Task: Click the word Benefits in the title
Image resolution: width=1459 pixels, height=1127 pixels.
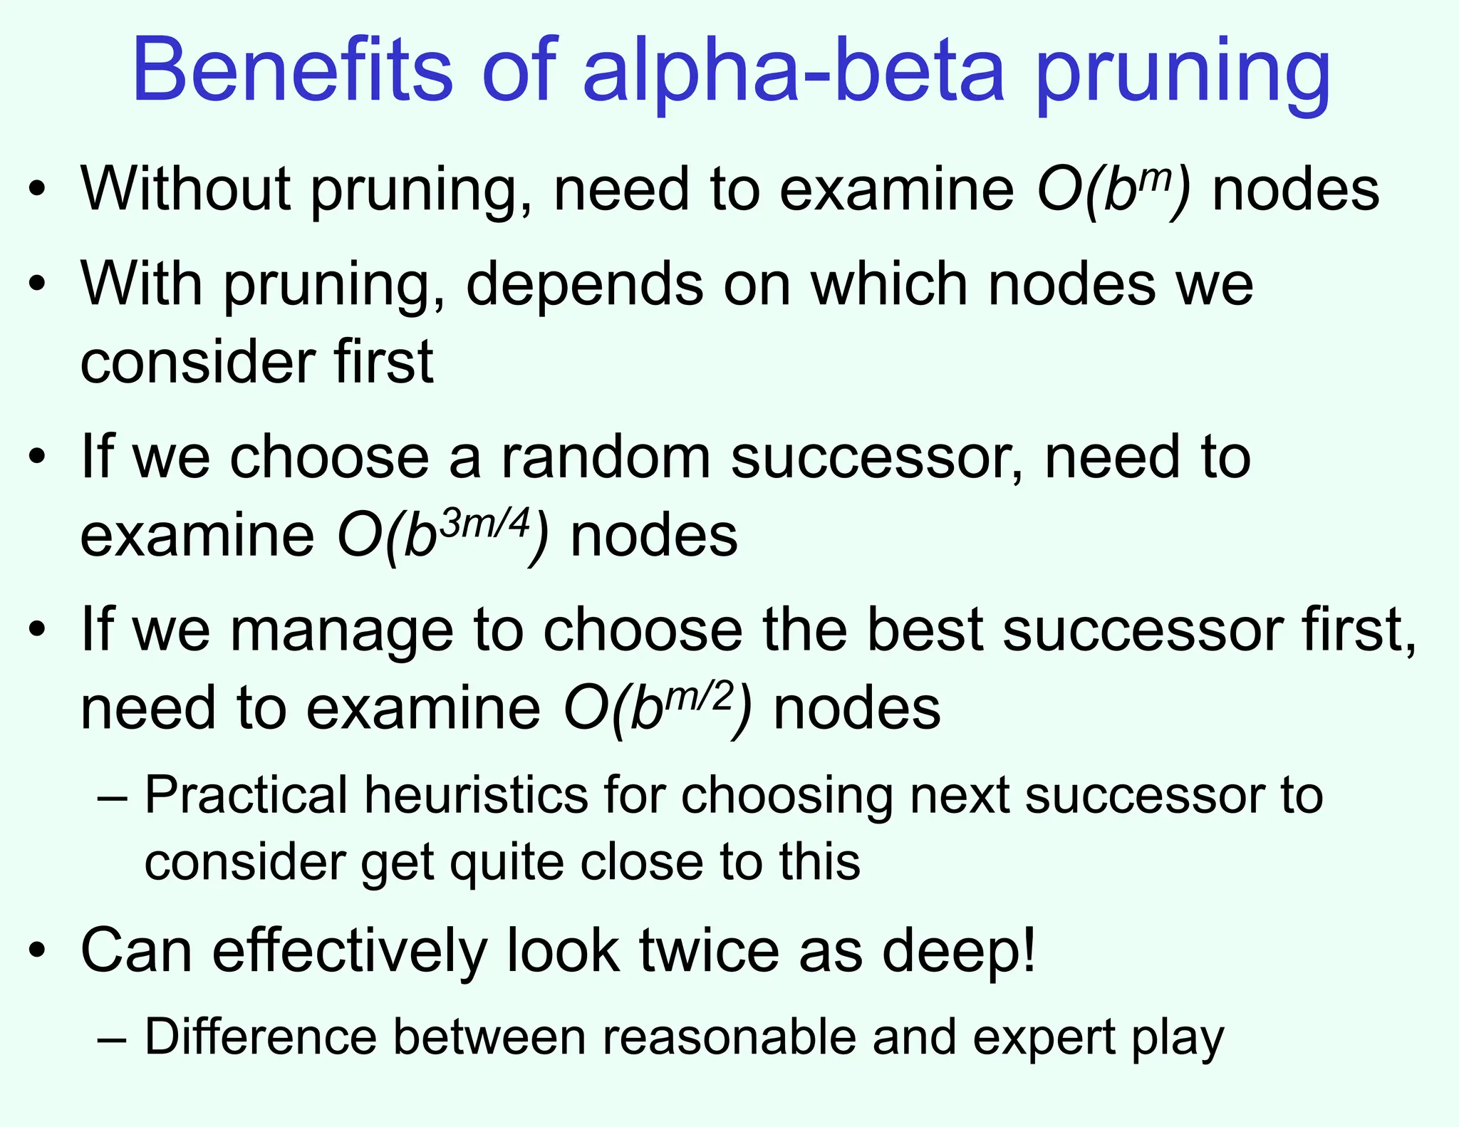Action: point(292,71)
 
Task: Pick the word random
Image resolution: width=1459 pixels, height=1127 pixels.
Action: point(606,457)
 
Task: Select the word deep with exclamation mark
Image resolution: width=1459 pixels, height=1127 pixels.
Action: point(958,952)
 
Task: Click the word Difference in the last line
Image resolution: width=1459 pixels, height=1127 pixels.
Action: point(260,1037)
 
